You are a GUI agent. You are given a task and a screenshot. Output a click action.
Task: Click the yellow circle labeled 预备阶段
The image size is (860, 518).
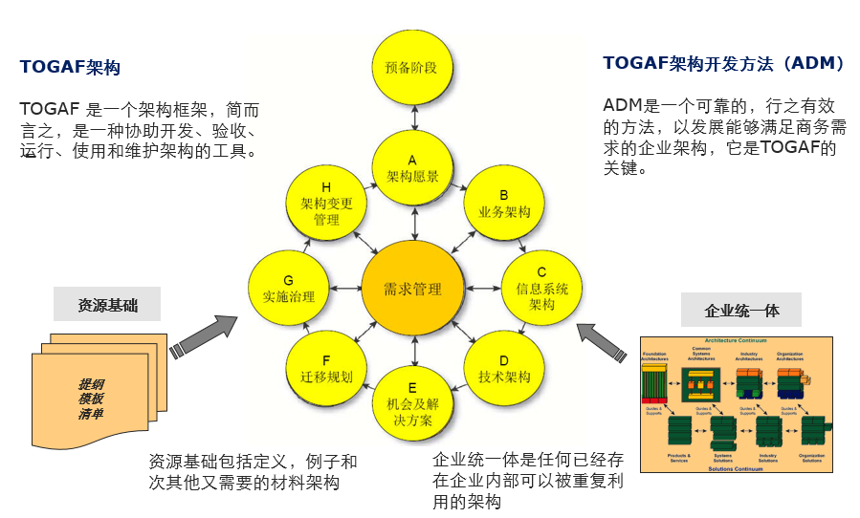click(412, 67)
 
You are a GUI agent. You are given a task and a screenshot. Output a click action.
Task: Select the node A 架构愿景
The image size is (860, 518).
click(412, 168)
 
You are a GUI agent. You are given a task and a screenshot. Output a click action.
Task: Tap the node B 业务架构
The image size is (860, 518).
click(503, 203)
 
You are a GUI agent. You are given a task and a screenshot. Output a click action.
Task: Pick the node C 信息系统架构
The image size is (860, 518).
click(541, 288)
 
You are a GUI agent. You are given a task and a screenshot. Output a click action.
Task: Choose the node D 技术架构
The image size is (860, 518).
click(503, 368)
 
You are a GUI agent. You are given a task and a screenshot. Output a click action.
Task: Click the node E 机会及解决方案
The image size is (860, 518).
click(412, 404)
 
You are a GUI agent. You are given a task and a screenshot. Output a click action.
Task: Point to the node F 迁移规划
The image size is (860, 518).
click(326, 368)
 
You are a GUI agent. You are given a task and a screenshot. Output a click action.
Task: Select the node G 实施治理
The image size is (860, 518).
click(288, 288)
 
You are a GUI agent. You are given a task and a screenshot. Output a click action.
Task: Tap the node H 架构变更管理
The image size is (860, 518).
click(326, 203)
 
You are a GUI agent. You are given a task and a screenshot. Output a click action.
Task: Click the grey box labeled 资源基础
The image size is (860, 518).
click(108, 306)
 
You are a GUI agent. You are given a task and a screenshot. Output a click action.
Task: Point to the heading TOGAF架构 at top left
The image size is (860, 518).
click(70, 68)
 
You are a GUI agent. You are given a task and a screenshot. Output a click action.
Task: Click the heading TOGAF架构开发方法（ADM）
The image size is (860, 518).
click(724, 63)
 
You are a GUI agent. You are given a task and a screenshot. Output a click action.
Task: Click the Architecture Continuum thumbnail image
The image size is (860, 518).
click(736, 405)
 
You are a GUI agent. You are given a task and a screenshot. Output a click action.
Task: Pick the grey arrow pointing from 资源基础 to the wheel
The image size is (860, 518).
click(203, 335)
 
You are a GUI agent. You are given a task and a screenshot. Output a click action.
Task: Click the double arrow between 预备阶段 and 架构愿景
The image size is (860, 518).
click(412, 118)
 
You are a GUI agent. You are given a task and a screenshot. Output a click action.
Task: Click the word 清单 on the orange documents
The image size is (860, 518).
click(92, 414)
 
